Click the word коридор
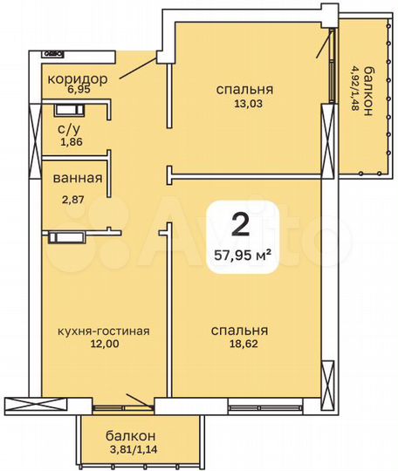(x=77, y=78)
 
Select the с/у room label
(x=70, y=129)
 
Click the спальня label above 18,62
(x=239, y=331)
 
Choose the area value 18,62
(x=239, y=345)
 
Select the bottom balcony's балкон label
(x=131, y=435)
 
